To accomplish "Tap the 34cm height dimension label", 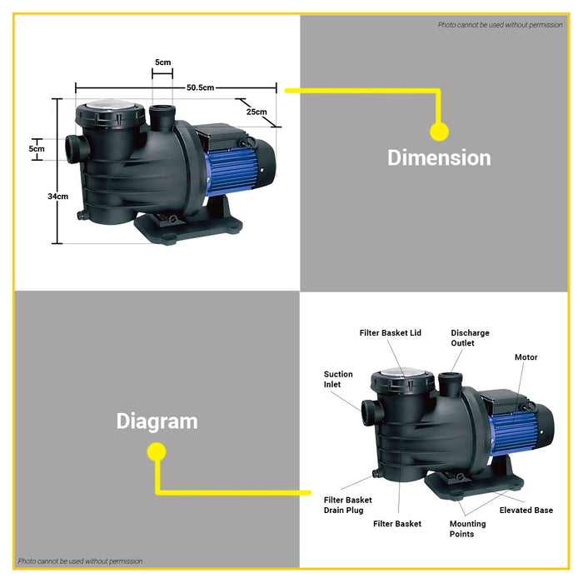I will coord(57,197).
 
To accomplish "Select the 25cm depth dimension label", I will coord(257,112).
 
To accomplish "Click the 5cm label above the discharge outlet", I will coord(163,62).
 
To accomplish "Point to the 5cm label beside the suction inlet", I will coord(36,148).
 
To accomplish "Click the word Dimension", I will coord(439,157).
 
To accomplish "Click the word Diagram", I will coord(157,421).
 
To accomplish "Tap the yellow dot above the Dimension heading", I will coord(439,131).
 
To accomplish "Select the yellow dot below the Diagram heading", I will coord(157,451).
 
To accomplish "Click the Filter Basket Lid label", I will coord(391,333).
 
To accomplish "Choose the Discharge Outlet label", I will coord(470,337).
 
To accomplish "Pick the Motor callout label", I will coord(526,357).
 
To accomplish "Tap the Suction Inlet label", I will coord(338,379).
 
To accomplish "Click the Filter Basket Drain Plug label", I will coord(347,505).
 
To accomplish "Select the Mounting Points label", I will coord(467,529).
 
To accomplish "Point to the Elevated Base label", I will coord(526,511).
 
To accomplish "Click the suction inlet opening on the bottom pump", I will coord(369,409).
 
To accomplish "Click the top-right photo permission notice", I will coord(500,25).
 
